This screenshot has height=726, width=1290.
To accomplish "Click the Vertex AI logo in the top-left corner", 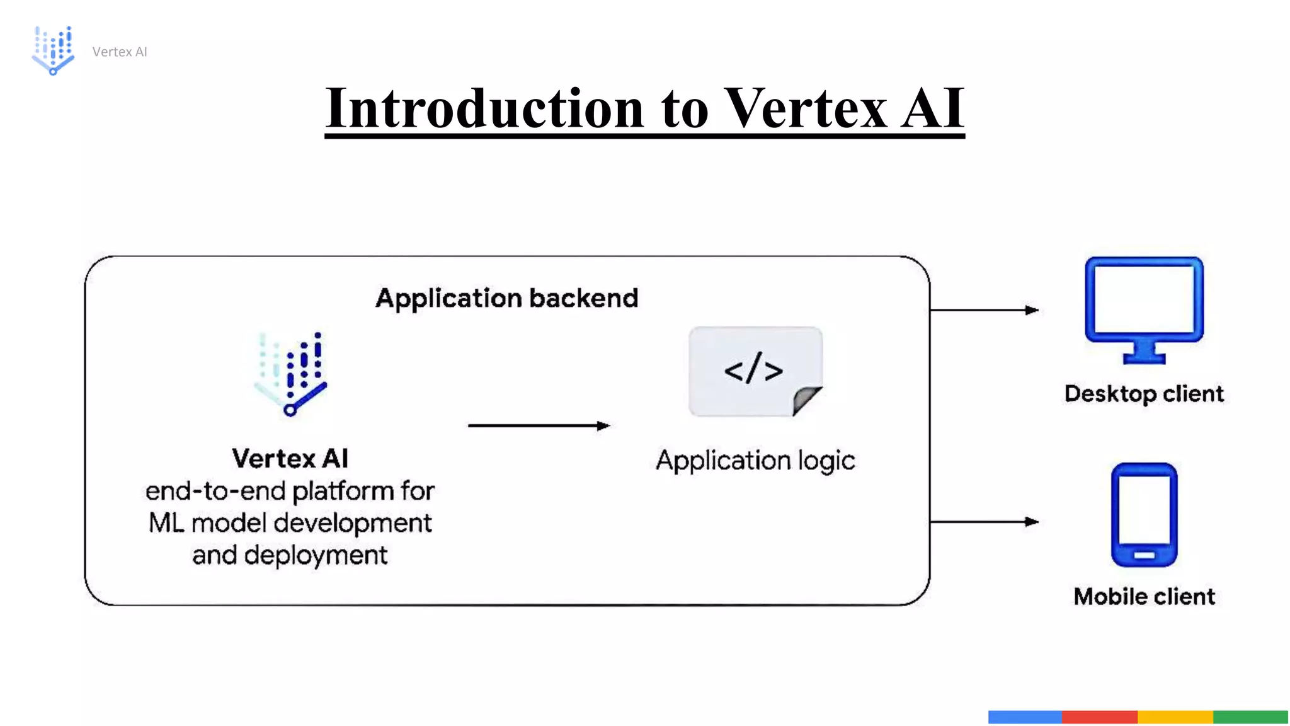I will (x=53, y=50).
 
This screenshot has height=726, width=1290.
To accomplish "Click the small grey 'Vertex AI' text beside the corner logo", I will (x=119, y=52).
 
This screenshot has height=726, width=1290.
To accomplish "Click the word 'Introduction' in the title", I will (x=484, y=108).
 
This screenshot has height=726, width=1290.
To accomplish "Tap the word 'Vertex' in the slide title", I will (x=804, y=108).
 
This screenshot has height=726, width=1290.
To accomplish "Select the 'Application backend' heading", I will (x=506, y=298).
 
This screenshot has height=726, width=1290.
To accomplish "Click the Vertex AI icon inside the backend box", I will (x=292, y=374).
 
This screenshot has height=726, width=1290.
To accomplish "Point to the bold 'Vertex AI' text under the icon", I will (x=290, y=458).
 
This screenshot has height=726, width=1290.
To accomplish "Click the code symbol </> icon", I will (x=753, y=369).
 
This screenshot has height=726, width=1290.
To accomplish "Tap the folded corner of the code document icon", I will (x=806, y=401).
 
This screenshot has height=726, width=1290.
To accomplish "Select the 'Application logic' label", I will (x=755, y=461).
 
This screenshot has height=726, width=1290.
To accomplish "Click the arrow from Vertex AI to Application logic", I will (x=539, y=426).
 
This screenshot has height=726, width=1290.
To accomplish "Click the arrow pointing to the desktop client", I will (x=984, y=310).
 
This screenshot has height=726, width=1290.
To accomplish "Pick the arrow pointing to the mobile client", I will (x=984, y=522).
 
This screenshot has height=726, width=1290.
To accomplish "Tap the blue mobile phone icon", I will (x=1144, y=514).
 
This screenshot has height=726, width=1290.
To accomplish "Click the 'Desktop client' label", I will (x=1144, y=394).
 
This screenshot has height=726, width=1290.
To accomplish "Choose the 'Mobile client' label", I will (x=1144, y=596).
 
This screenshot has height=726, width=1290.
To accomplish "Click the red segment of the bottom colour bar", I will (x=1099, y=717).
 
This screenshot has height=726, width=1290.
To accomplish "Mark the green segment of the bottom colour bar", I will (x=1250, y=717).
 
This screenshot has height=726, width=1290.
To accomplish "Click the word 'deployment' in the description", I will (x=316, y=556).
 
